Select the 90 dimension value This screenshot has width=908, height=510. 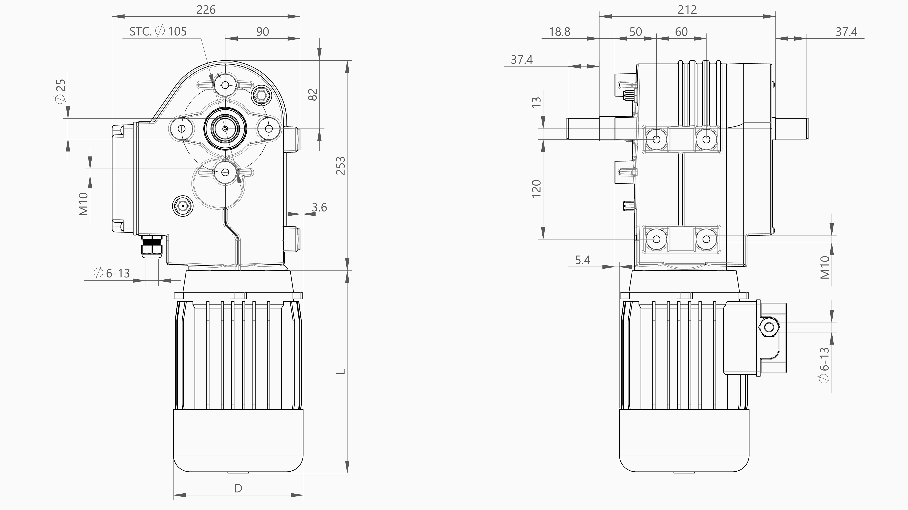(263, 32)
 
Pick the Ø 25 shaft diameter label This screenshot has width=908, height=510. (61, 91)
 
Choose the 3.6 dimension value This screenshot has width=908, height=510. (319, 207)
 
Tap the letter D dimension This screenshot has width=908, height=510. (238, 488)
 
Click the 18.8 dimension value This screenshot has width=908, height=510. (559, 32)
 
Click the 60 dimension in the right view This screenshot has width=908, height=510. (681, 32)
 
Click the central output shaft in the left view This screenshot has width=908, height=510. (225, 128)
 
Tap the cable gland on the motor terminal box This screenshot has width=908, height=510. (769, 327)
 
